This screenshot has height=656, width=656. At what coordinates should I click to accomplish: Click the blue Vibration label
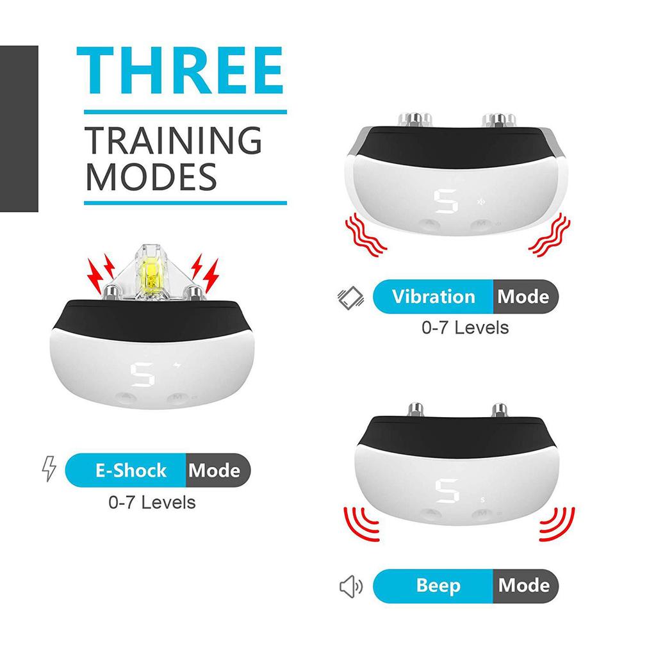pyautogui.click(x=434, y=297)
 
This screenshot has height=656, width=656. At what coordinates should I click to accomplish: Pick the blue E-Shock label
pyautogui.click(x=130, y=471)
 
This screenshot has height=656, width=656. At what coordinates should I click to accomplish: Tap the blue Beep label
pyautogui.click(x=438, y=586)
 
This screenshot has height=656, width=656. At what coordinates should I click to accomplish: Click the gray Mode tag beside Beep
pyautogui.click(x=523, y=586)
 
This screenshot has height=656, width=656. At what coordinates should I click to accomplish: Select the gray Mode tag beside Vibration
pyautogui.click(x=523, y=297)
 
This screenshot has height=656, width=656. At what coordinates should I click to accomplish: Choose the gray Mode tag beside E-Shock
pyautogui.click(x=215, y=471)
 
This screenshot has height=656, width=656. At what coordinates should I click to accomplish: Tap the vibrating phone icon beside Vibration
pyautogui.click(x=350, y=297)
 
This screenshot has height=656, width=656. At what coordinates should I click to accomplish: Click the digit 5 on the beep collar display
pyautogui.click(x=444, y=492)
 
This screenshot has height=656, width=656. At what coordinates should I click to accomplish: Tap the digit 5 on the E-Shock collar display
pyautogui.click(x=144, y=375)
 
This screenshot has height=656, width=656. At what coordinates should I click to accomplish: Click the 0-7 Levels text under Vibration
pyautogui.click(x=465, y=328)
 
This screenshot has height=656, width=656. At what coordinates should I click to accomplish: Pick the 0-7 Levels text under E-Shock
pyautogui.click(x=152, y=502)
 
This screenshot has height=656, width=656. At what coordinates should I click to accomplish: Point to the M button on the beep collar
pyautogui.click(x=482, y=514)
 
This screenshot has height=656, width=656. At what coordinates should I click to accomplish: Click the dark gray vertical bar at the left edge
pyautogui.click(x=19, y=128)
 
